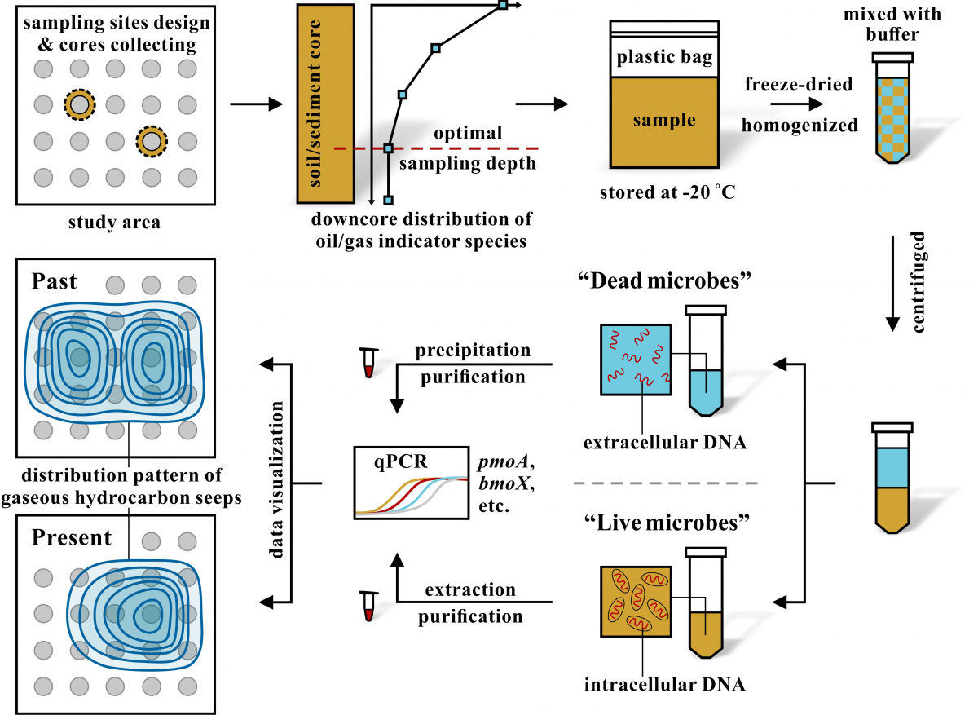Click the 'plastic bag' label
click(x=665, y=57)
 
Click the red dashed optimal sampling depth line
click(x=456, y=148)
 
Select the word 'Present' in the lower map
click(x=72, y=538)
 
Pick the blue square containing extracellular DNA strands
click(x=636, y=360)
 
